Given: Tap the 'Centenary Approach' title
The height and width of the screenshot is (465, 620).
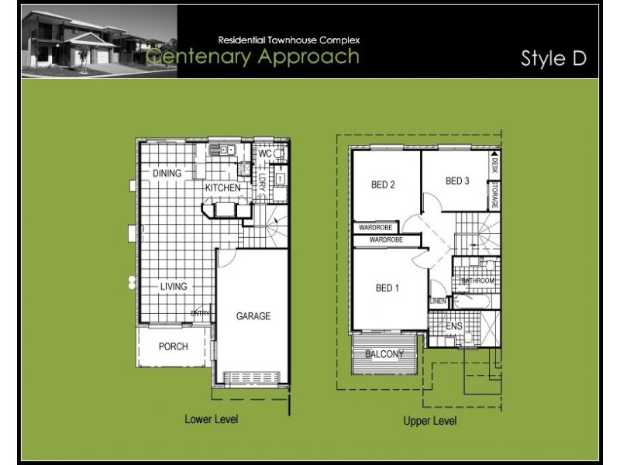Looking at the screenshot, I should pyautogui.click(x=253, y=57).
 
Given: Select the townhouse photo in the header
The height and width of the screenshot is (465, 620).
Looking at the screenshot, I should pyautogui.click(x=99, y=41).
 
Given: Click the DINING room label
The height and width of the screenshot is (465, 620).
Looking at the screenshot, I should pyautogui.click(x=167, y=174).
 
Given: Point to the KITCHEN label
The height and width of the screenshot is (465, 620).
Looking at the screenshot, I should pyautogui.click(x=222, y=188).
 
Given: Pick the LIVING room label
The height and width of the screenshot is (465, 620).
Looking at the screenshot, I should pyautogui.click(x=174, y=287).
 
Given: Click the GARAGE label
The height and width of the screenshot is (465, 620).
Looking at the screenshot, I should pyautogui.click(x=253, y=316).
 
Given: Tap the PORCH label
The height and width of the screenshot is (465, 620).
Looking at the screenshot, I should pyautogui.click(x=174, y=346).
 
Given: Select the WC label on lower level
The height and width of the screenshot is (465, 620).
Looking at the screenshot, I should pyautogui.click(x=264, y=154).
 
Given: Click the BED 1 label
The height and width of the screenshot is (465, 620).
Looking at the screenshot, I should pyautogui.click(x=387, y=288).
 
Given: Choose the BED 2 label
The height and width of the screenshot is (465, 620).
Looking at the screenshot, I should pyautogui.click(x=383, y=184).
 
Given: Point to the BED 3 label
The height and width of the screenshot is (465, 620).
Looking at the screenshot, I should pyautogui.click(x=457, y=181).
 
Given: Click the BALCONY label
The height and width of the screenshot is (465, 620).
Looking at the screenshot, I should pyautogui.click(x=384, y=354).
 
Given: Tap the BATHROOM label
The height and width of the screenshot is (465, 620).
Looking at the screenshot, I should pyautogui.click(x=477, y=280).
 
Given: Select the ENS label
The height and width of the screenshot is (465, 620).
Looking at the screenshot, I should pyautogui.click(x=454, y=327).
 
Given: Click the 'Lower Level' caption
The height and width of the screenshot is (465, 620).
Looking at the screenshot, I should pyautogui.click(x=211, y=419).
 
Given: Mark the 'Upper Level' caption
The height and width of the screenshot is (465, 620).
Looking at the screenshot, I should pyautogui.click(x=430, y=421).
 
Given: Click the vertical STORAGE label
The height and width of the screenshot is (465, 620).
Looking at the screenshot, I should pyautogui.click(x=494, y=195).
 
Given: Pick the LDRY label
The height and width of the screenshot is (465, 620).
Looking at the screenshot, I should pyautogui.click(x=262, y=181).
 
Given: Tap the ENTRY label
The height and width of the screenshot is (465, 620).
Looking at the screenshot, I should pyautogui.click(x=201, y=313).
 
